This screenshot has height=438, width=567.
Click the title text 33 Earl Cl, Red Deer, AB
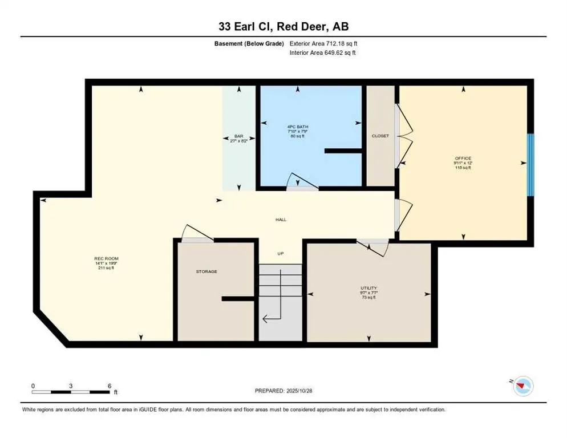(x=283, y=26)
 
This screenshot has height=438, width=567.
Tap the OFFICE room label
(x=463, y=158)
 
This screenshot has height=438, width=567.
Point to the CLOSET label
(x=380, y=136)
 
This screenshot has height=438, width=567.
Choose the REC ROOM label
(x=106, y=258)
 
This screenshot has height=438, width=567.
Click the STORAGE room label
(x=206, y=271)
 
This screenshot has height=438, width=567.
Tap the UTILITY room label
(x=368, y=288)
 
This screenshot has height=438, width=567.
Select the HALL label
(x=281, y=219)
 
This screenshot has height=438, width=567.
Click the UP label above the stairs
(x=280, y=254)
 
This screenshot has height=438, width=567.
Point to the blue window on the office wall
(x=530, y=165)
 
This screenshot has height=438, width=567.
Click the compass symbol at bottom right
(x=522, y=387)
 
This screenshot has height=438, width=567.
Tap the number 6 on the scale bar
(x=109, y=386)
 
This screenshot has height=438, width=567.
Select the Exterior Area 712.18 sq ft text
(x=323, y=43)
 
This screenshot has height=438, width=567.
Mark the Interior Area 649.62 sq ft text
(x=323, y=53)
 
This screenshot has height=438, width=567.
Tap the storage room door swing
(x=196, y=233)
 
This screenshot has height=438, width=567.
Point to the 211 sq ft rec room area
(x=106, y=268)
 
